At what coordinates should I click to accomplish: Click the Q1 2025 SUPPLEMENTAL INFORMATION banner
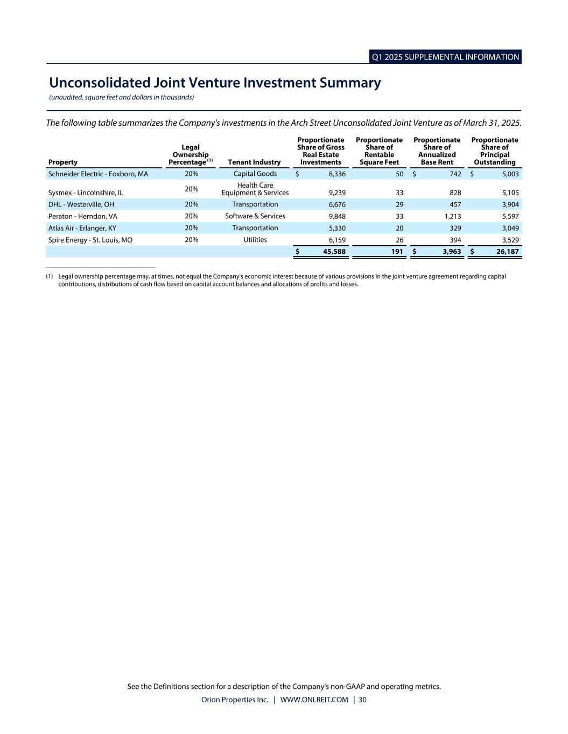445,57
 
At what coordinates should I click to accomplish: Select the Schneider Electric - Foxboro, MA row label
98,174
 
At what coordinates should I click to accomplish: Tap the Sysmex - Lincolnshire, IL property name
86,193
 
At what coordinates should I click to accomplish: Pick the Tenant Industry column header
254,162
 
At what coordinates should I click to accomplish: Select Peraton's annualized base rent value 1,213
450,216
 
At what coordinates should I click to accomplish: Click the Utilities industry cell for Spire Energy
255,240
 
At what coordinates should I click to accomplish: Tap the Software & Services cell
255,216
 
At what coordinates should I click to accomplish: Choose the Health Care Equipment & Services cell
255,189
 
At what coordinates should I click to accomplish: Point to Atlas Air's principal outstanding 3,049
509,228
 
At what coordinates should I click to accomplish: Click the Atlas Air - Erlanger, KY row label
82,228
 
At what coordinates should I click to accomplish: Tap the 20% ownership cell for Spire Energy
191,240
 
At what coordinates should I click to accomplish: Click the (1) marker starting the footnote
50,276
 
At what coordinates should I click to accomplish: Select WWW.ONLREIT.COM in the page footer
314,700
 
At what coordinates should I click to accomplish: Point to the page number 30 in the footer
362,700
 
